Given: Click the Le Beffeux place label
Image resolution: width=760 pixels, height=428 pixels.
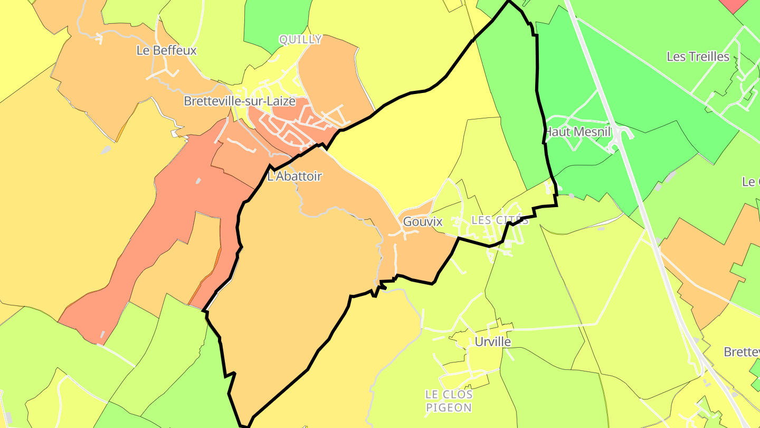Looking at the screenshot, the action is tap(166, 51).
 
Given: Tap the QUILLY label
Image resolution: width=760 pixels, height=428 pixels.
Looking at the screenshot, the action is tap(300, 40).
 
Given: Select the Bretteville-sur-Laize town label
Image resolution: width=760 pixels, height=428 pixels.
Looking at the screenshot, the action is tap(239, 101).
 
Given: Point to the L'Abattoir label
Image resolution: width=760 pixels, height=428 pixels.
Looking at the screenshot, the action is tap(294, 176).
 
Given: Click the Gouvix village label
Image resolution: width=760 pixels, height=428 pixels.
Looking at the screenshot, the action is tap(422, 222).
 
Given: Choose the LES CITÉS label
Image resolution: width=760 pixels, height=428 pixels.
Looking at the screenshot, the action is tap(499, 220).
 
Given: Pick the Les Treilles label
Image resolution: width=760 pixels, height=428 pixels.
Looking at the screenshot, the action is tap(698, 57).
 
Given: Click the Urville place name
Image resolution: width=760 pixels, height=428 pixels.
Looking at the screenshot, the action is tap(492, 342).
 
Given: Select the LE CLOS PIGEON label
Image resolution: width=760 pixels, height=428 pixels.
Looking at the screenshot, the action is tap(449, 401).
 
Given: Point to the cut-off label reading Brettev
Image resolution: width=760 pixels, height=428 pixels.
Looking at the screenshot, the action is tap(742, 352).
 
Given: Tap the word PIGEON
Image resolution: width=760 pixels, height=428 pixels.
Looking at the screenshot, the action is tap(449, 408).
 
